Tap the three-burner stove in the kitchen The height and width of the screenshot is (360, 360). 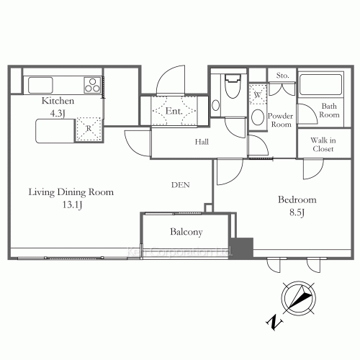[91, 85]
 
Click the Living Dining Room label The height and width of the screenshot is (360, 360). [71, 192]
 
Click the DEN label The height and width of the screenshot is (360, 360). [180, 185]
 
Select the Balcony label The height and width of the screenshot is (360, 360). [186, 232]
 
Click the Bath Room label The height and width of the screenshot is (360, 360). [329, 110]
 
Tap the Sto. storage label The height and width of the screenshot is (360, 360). [282, 74]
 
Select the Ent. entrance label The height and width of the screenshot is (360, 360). [174, 112]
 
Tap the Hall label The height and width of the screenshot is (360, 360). [202, 143]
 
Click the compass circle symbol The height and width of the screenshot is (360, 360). [299, 297]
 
